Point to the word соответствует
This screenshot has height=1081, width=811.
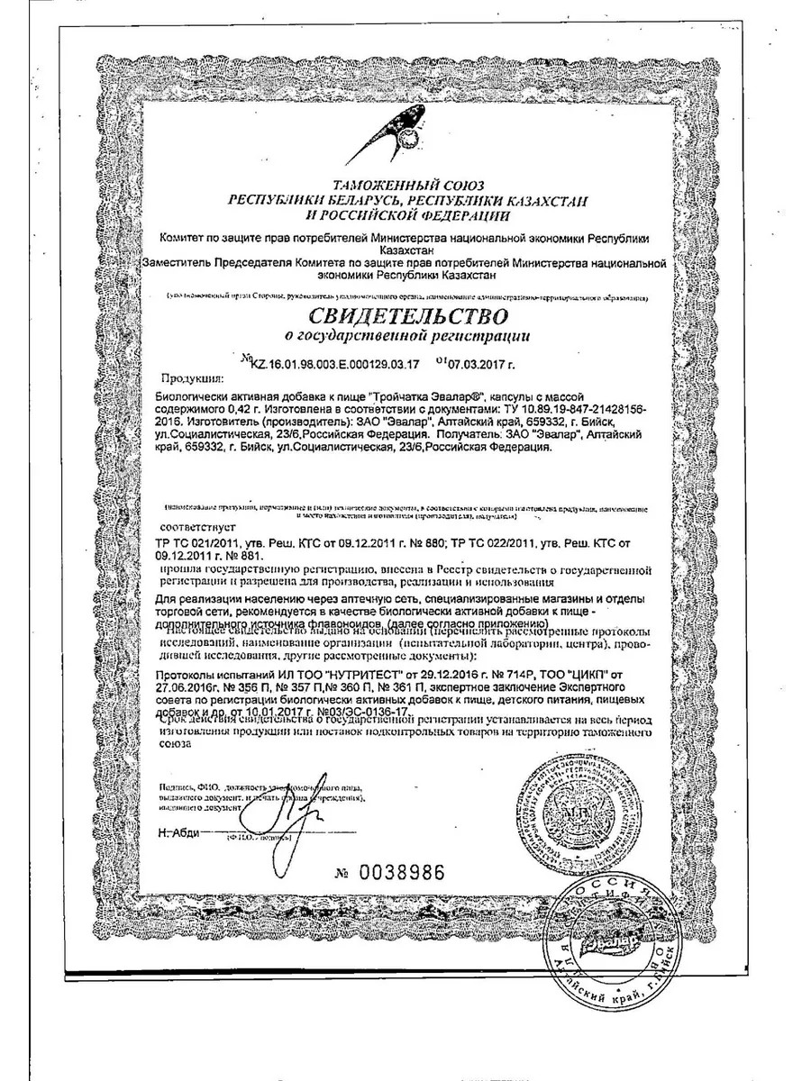tap(196, 522)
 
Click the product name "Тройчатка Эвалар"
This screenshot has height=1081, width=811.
tap(430, 397)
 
